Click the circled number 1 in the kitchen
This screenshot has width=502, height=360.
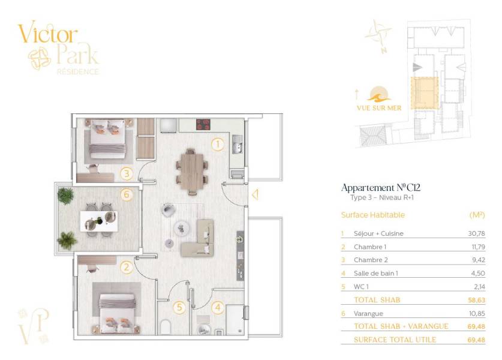217,145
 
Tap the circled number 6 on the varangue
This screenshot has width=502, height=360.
127,194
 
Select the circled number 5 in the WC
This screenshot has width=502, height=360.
179,307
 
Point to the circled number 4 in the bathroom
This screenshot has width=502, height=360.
218,307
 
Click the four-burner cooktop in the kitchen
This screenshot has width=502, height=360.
203,125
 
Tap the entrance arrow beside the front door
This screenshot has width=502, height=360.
255,194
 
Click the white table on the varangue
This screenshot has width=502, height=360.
99,221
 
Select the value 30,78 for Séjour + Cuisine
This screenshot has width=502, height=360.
476,233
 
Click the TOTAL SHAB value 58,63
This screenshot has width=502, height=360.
476,300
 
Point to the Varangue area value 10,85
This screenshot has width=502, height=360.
477,314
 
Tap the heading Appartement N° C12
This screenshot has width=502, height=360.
381,187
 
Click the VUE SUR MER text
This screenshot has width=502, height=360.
379,108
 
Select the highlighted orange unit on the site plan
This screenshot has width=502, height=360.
425,93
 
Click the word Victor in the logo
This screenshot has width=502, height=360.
48,34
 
